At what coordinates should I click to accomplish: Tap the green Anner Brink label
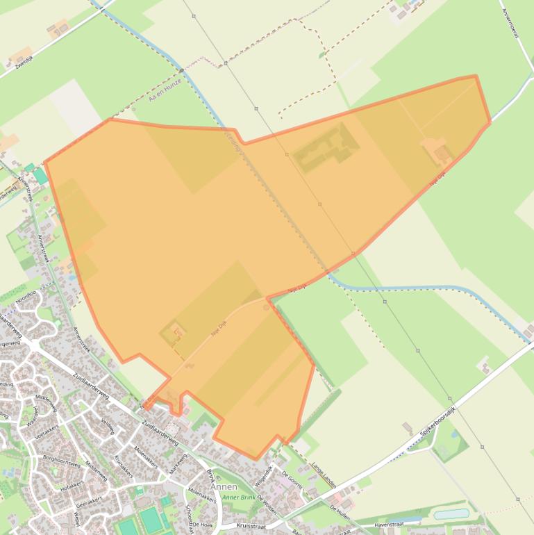click(240, 497)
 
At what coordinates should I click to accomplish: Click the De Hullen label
click(340, 513)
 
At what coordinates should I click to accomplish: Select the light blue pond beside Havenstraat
click(451, 514)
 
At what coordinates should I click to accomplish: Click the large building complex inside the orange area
click(326, 147)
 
